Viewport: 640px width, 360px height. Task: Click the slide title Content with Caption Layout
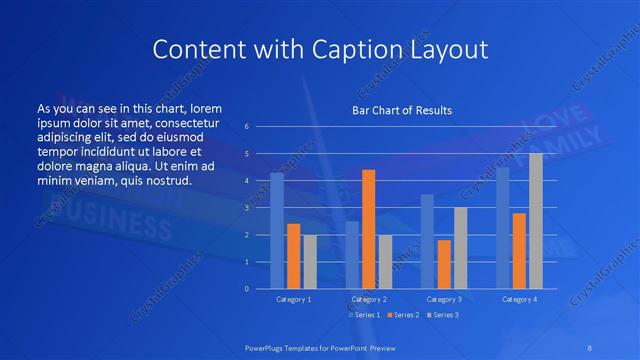point(319,49)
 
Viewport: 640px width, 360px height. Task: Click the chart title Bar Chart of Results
point(401,110)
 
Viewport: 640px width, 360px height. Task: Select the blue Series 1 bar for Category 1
point(277,231)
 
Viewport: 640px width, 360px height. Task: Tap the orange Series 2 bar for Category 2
point(368,229)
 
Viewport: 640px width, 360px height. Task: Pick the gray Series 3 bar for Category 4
point(536,221)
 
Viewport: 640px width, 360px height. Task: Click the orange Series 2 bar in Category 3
point(444,264)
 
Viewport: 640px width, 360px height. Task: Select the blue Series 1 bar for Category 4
point(502,228)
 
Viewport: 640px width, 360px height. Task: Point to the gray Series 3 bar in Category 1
point(310,262)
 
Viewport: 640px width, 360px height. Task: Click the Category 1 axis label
point(293,299)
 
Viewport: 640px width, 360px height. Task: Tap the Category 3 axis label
point(444,299)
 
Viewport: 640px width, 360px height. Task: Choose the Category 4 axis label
point(519,299)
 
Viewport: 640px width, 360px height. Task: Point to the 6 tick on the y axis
point(246,127)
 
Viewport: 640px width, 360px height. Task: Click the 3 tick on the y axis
point(246,208)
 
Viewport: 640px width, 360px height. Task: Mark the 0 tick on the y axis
point(246,289)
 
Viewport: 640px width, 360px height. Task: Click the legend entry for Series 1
point(363,315)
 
